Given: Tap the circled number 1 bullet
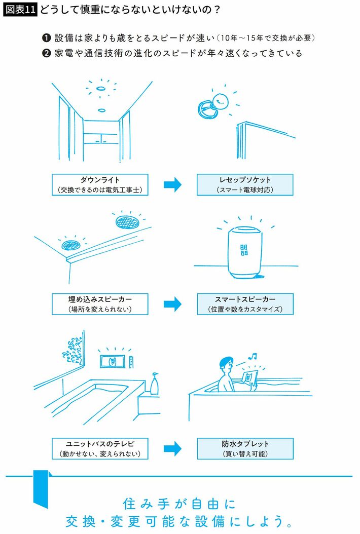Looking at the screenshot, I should (46, 39).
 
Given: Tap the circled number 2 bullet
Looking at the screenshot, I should (46, 53).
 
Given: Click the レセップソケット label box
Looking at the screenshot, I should (245, 185).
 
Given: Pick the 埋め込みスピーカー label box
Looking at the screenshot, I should (100, 303).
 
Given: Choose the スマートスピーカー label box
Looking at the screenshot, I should (245, 303).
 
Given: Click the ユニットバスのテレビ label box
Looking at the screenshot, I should (100, 448).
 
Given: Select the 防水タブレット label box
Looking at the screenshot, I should (245, 448).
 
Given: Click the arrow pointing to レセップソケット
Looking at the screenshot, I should (172, 185).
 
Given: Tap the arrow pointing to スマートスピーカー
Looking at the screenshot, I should (172, 304).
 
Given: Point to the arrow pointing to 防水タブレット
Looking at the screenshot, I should (172, 448).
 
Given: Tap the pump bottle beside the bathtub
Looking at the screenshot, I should (155, 383).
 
